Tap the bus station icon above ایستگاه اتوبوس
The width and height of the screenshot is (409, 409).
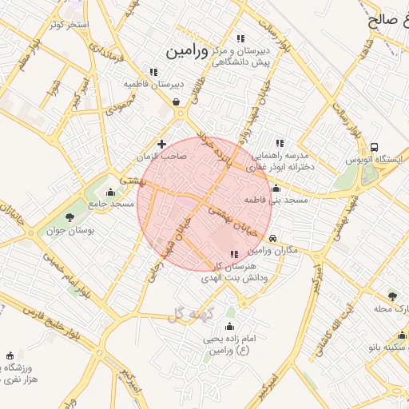point(375,147)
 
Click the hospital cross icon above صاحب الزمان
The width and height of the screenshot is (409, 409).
point(162,145)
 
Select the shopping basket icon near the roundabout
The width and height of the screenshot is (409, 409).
point(176,101)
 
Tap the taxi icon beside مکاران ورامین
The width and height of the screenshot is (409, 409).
point(273,238)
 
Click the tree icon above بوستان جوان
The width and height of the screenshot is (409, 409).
point(70,216)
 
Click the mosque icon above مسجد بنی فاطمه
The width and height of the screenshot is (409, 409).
point(276,189)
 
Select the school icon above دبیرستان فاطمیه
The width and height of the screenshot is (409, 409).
point(154,71)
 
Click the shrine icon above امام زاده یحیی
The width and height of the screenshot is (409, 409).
point(230,327)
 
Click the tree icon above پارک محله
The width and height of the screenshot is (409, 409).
point(391,296)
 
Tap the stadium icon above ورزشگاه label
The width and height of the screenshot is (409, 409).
point(10,355)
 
